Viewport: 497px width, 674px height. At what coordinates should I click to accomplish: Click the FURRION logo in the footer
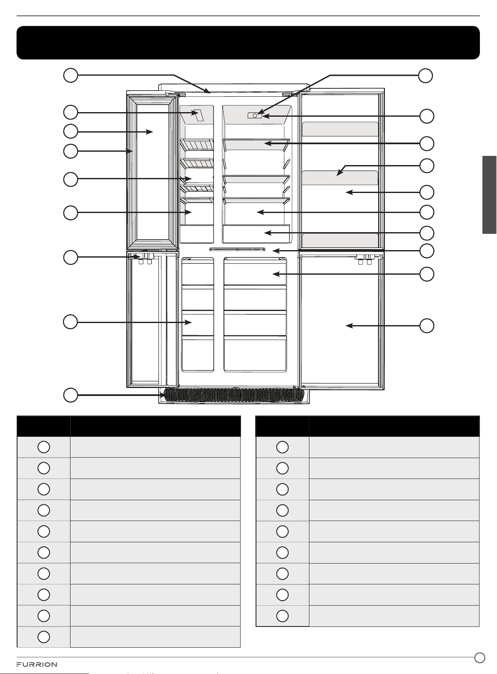click(36, 664)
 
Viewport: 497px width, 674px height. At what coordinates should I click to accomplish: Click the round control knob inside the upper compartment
click(255, 115)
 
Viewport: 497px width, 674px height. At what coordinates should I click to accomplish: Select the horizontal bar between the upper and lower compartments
click(237, 249)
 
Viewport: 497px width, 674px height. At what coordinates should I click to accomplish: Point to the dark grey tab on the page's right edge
click(489, 195)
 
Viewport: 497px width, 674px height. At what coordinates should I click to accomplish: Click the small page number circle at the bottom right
click(480, 657)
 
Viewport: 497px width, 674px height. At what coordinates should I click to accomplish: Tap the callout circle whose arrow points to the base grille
click(70, 395)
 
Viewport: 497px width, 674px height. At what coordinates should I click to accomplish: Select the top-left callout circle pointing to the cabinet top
click(70, 75)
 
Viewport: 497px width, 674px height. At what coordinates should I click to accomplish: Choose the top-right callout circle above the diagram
click(426, 75)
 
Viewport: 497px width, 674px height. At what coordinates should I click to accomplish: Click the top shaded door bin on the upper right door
click(340, 129)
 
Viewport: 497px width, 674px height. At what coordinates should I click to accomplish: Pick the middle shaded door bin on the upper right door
click(340, 178)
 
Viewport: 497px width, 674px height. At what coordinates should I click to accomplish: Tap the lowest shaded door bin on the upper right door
click(340, 240)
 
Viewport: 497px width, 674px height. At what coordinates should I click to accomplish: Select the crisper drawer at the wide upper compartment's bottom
click(256, 233)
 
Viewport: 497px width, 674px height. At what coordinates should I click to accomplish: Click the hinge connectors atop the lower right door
click(364, 259)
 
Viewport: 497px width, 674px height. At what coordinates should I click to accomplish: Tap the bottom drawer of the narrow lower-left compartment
click(198, 354)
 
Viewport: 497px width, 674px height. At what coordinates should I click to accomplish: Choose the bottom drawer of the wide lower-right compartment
click(255, 354)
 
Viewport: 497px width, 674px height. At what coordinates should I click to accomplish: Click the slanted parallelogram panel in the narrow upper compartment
click(198, 115)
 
